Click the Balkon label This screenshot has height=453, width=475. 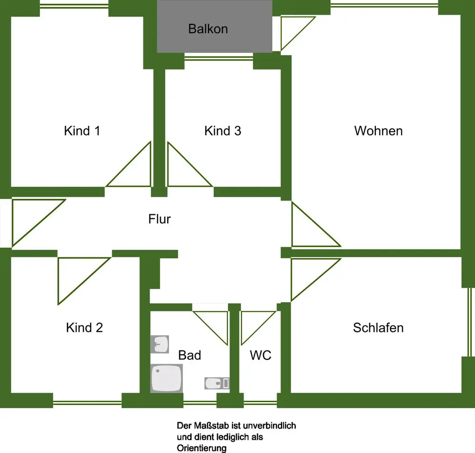[x=208, y=29]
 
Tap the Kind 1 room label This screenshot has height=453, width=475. [x=82, y=131]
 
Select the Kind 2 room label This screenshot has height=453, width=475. [x=85, y=328]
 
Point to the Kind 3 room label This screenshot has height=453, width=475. [x=223, y=131]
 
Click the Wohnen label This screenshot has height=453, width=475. [x=379, y=131]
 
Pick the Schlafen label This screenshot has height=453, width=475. [x=379, y=328]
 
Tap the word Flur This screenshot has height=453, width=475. [x=160, y=219]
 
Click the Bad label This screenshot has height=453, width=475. [x=190, y=355]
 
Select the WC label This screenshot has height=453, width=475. [x=261, y=355]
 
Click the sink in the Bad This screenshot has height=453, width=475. [x=160, y=344]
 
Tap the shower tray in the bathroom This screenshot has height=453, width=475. [x=166, y=378]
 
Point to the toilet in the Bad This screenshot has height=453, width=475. [x=217, y=383]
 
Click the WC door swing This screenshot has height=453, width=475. [x=254, y=323]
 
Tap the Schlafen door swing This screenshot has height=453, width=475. [x=309, y=276]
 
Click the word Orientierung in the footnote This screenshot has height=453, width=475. [x=201, y=448]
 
